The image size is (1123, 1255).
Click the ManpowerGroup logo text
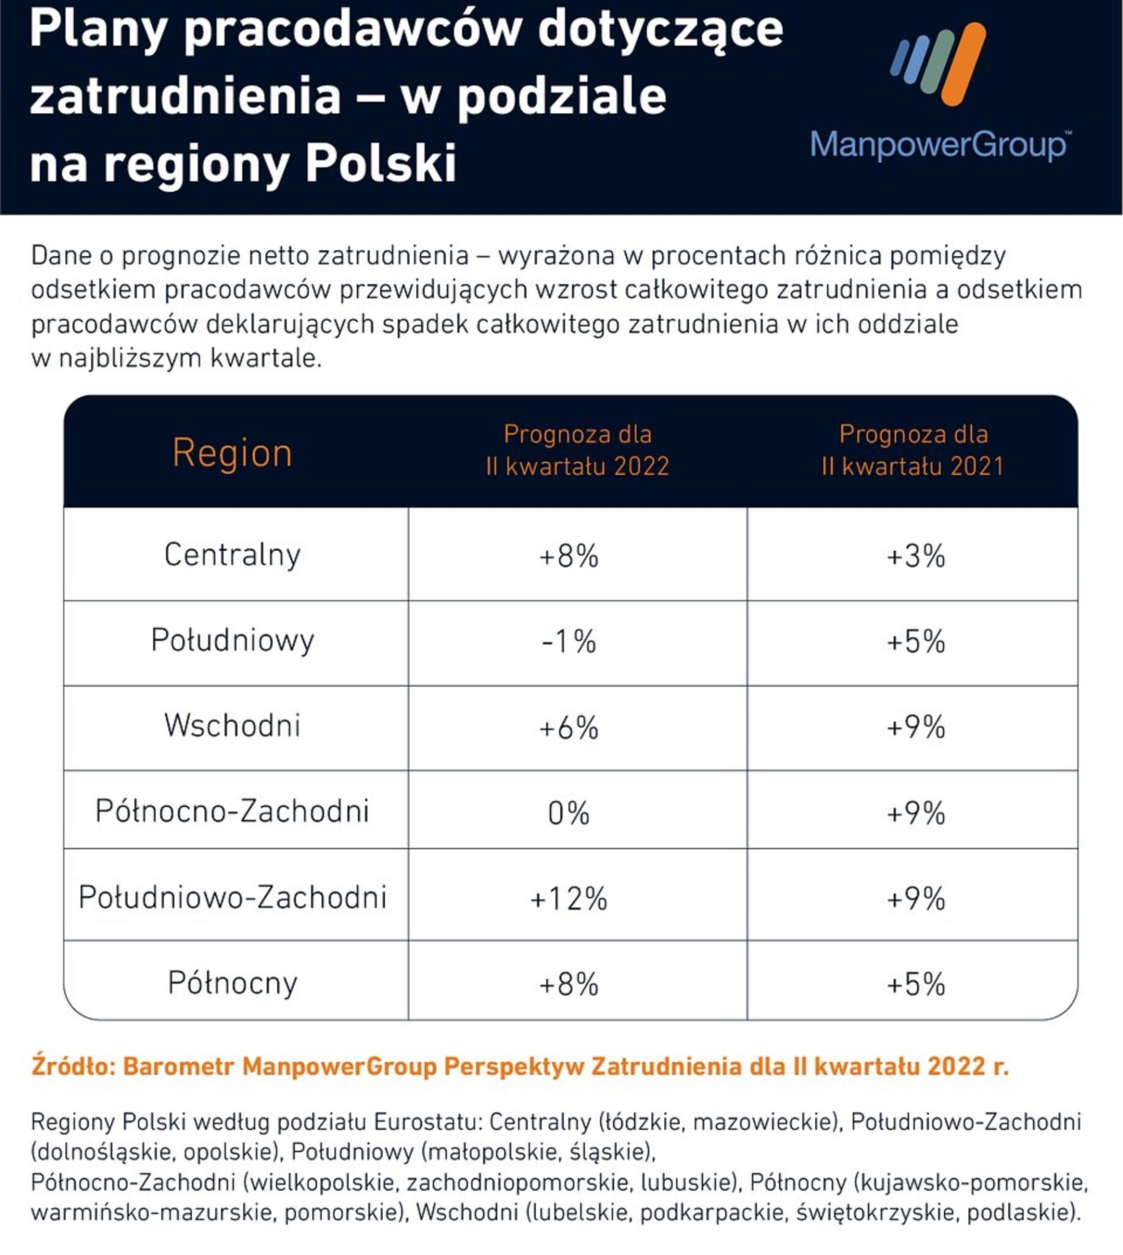point(939,146)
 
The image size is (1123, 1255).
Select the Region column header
point(232,453)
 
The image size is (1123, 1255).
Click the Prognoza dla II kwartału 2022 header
point(577,451)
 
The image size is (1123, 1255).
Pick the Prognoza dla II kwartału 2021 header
point(913,451)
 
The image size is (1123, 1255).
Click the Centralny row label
point(232,555)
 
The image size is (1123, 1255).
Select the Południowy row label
point(232,641)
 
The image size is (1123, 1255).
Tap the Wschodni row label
point(232,726)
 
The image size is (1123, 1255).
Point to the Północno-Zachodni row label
point(232,811)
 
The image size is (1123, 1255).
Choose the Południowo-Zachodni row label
point(232,897)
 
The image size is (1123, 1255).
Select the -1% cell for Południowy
point(569,642)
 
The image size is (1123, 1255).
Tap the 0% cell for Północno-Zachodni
point(569,813)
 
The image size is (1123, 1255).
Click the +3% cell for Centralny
point(916,556)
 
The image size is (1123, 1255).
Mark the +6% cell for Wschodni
point(569,728)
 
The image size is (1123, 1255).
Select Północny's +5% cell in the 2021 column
point(916,984)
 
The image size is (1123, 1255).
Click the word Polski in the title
point(381,164)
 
